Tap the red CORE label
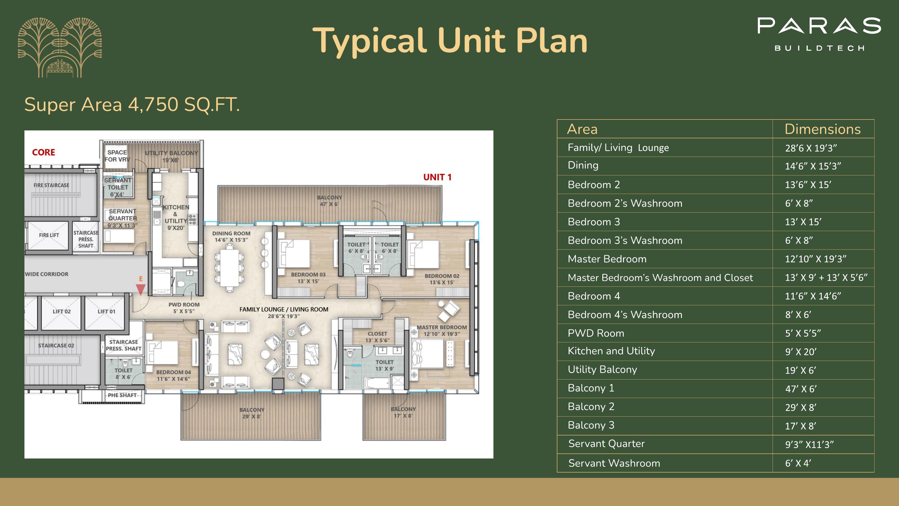click(44, 152)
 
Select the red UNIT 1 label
click(437, 177)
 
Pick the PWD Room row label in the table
click(596, 333)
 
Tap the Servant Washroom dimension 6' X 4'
click(798, 463)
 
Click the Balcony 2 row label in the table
click(591, 406)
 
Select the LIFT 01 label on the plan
click(106, 311)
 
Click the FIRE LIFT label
click(49, 235)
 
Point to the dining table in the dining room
click(229, 268)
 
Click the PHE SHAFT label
click(122, 395)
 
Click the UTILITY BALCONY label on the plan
click(171, 153)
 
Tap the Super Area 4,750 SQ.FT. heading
click(132, 104)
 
